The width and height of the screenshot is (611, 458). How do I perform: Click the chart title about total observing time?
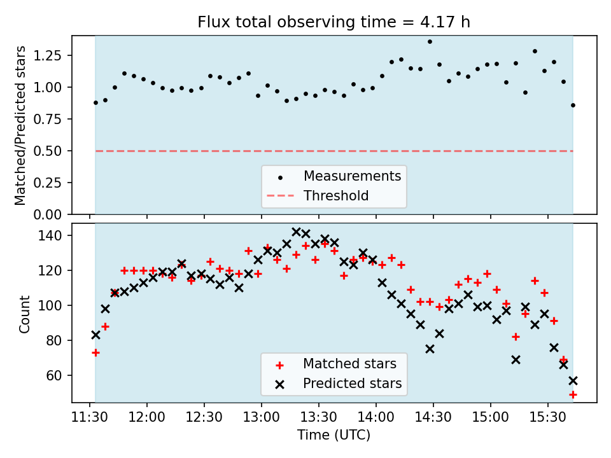pos(334,22)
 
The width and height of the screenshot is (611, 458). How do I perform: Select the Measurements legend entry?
pos(352,176)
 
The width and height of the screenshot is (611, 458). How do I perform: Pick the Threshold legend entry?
pos(336,196)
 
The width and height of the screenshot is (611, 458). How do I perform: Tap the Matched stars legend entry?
pos(349,364)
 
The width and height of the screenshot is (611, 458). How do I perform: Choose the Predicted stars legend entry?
pos(352,384)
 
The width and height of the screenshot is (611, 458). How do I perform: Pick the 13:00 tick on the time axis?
pos(262,418)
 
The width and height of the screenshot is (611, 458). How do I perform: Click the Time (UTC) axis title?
pos(334,436)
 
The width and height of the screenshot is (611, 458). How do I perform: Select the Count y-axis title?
pos(25,314)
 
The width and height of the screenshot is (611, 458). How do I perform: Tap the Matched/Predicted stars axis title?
pos(21,125)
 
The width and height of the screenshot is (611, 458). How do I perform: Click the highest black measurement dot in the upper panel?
pos(430,41)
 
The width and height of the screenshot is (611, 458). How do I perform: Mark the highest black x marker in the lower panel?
pos(296,232)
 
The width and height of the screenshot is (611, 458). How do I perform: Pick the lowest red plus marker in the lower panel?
pos(573,394)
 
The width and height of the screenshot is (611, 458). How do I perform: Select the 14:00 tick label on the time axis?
pos(376,418)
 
